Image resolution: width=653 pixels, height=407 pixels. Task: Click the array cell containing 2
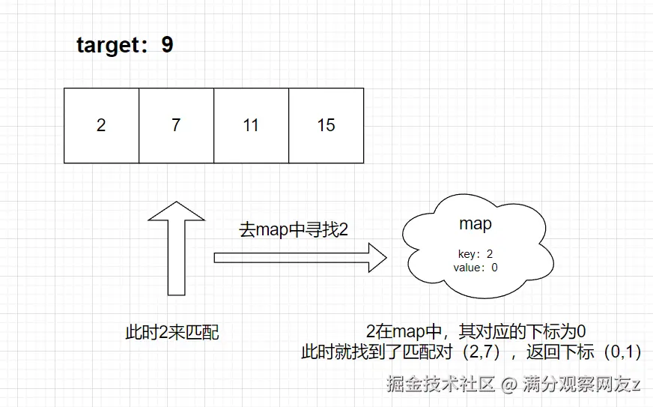point(101,125)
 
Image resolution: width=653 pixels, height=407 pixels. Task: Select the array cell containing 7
point(176,125)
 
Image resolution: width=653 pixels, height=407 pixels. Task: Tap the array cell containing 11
point(251,125)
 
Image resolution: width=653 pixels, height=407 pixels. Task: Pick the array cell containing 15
point(326,125)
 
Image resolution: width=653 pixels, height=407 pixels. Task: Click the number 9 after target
point(166,45)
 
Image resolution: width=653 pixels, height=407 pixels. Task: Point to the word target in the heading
point(109,46)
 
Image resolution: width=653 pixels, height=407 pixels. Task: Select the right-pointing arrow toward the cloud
point(300,258)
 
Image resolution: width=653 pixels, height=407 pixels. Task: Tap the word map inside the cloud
point(476,223)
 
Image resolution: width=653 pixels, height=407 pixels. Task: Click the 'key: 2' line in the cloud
point(476,254)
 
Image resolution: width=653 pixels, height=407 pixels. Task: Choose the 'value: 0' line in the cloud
point(476,267)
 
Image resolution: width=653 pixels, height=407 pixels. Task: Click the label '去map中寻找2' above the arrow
point(294,230)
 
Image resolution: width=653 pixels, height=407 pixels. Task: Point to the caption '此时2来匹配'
point(172,333)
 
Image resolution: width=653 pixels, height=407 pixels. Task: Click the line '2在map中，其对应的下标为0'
point(476,331)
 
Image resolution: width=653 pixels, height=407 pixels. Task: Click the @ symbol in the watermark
point(509,385)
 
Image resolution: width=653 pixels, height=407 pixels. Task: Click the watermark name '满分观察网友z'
point(582,385)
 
